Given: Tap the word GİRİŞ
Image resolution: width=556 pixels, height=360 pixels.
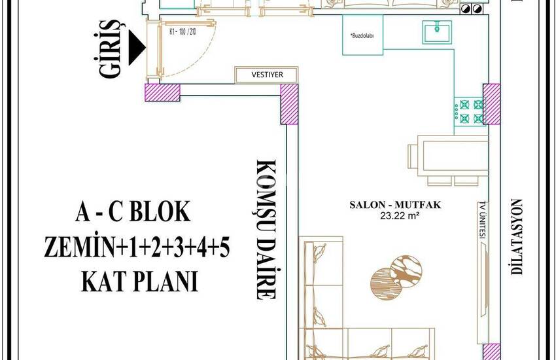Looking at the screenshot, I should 111,50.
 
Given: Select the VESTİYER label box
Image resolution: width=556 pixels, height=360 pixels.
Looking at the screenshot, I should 267,75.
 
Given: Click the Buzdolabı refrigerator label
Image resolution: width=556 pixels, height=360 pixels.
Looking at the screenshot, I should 362,37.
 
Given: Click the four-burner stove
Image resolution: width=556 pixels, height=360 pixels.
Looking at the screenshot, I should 469,111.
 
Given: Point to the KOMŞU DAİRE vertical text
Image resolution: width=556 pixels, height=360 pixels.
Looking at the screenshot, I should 264,229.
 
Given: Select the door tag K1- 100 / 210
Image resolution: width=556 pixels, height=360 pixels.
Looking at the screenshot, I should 182,31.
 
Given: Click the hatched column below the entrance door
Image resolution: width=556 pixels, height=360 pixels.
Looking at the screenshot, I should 161,92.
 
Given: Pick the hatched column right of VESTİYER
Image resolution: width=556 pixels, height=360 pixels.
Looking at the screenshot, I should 290,104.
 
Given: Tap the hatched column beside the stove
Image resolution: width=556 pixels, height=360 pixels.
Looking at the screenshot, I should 492,104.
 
